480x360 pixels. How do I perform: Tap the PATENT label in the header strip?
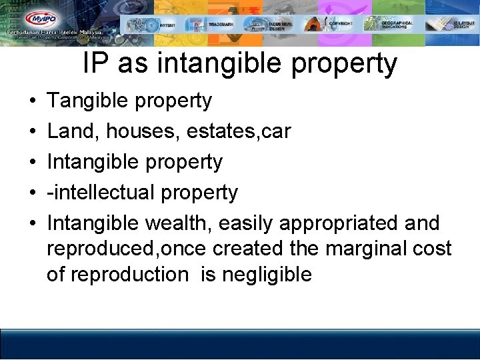168,25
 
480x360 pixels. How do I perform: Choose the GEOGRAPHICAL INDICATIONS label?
397,25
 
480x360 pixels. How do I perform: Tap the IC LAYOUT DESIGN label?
462,25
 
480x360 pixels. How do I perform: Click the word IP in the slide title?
96,64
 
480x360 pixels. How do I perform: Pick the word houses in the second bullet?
142,131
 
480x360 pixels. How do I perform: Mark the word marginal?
357,249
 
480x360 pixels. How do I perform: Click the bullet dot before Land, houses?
33,132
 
